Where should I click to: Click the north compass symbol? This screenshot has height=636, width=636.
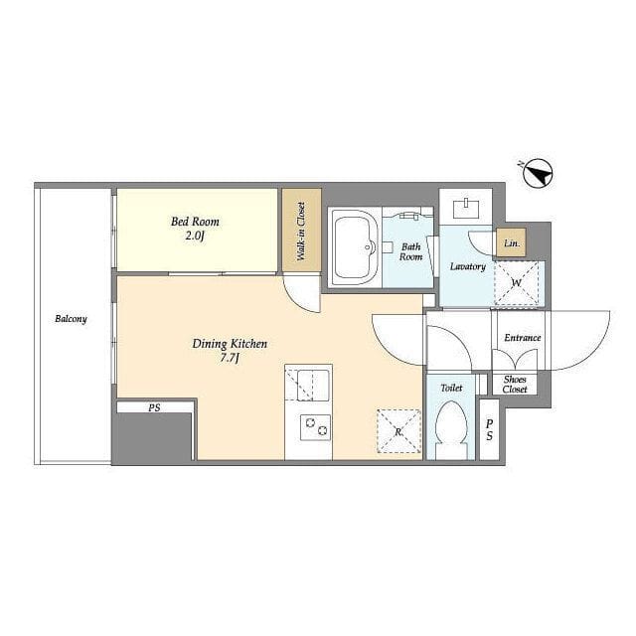point(538,173)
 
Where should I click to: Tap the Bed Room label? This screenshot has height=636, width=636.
point(195,222)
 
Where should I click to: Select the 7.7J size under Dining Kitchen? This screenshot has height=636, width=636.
point(230,359)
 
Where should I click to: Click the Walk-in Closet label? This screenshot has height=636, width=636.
point(301,232)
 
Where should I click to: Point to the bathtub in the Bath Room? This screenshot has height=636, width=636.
point(355,247)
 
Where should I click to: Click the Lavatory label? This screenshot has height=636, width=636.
point(468,266)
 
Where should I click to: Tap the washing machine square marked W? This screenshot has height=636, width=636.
point(517,282)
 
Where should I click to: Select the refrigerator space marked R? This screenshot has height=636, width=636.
point(398,431)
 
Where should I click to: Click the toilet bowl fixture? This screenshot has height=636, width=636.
point(451,430)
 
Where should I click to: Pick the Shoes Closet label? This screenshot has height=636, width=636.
point(515,385)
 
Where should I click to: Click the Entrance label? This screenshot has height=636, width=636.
point(523,338)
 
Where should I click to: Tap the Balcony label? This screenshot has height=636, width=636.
point(71,319)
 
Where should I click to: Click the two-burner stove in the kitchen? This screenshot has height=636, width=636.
point(315,427)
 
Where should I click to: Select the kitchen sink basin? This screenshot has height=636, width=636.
point(313,385)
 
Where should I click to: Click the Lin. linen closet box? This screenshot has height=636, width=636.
point(512,243)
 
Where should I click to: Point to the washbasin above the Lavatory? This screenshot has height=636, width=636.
point(466,208)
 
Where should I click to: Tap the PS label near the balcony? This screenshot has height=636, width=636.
point(154,407)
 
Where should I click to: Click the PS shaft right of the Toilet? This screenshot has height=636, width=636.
point(490,429)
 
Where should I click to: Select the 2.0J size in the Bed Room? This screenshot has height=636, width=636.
point(195,237)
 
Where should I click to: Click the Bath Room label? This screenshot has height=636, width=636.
point(410,251)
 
